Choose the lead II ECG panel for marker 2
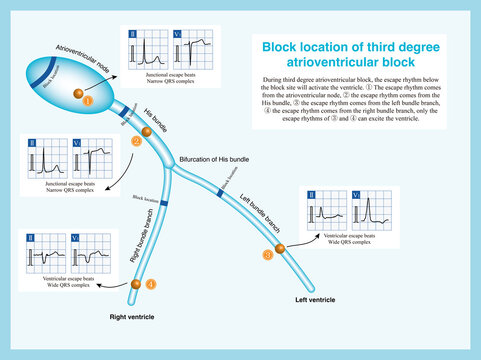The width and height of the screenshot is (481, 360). (x=42, y=161)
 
